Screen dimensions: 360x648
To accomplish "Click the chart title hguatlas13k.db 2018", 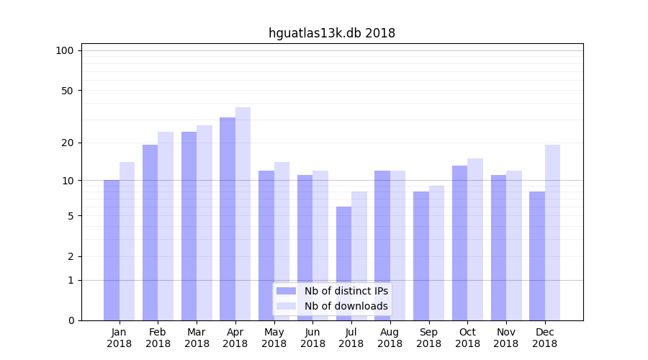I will coord(331,33).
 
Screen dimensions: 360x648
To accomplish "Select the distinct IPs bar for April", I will coord(228,219).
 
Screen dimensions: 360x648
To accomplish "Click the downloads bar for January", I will coord(127,241).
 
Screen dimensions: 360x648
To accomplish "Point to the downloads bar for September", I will coord(436,253).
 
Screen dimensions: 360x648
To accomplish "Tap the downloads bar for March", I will coord(204,222).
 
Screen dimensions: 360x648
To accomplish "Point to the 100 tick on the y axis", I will coord(65,50).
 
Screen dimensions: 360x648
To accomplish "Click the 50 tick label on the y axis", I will coord(67,91).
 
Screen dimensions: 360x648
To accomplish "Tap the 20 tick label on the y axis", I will coord(67,143).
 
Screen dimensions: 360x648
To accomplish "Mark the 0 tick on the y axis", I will coord(71,320).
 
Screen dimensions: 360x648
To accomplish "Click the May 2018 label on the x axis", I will coord(274,338).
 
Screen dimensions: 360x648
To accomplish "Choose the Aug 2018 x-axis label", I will coord(390,338).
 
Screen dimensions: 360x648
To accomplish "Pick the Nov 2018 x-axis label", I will coord(506,338).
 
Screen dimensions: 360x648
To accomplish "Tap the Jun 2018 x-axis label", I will coord(312,338).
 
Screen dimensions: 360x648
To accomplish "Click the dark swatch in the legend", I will coord(286,291).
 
